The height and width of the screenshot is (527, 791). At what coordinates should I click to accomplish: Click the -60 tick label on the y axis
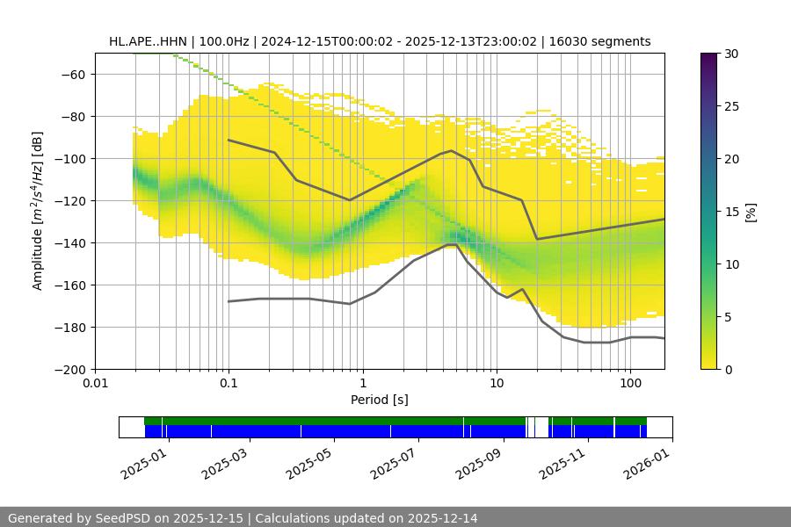(73, 74)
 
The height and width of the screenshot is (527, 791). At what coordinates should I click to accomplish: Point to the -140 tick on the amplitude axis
(69, 242)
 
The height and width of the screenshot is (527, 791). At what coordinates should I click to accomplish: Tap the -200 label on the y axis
(69, 369)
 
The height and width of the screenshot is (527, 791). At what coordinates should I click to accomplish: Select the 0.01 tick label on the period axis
(95, 384)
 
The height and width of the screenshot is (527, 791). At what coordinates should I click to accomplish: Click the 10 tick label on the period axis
(497, 384)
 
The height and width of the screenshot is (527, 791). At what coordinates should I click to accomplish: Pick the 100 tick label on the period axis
(630, 384)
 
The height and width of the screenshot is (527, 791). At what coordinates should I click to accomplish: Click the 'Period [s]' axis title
(380, 400)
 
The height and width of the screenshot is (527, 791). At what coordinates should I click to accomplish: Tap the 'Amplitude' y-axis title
(37, 211)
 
